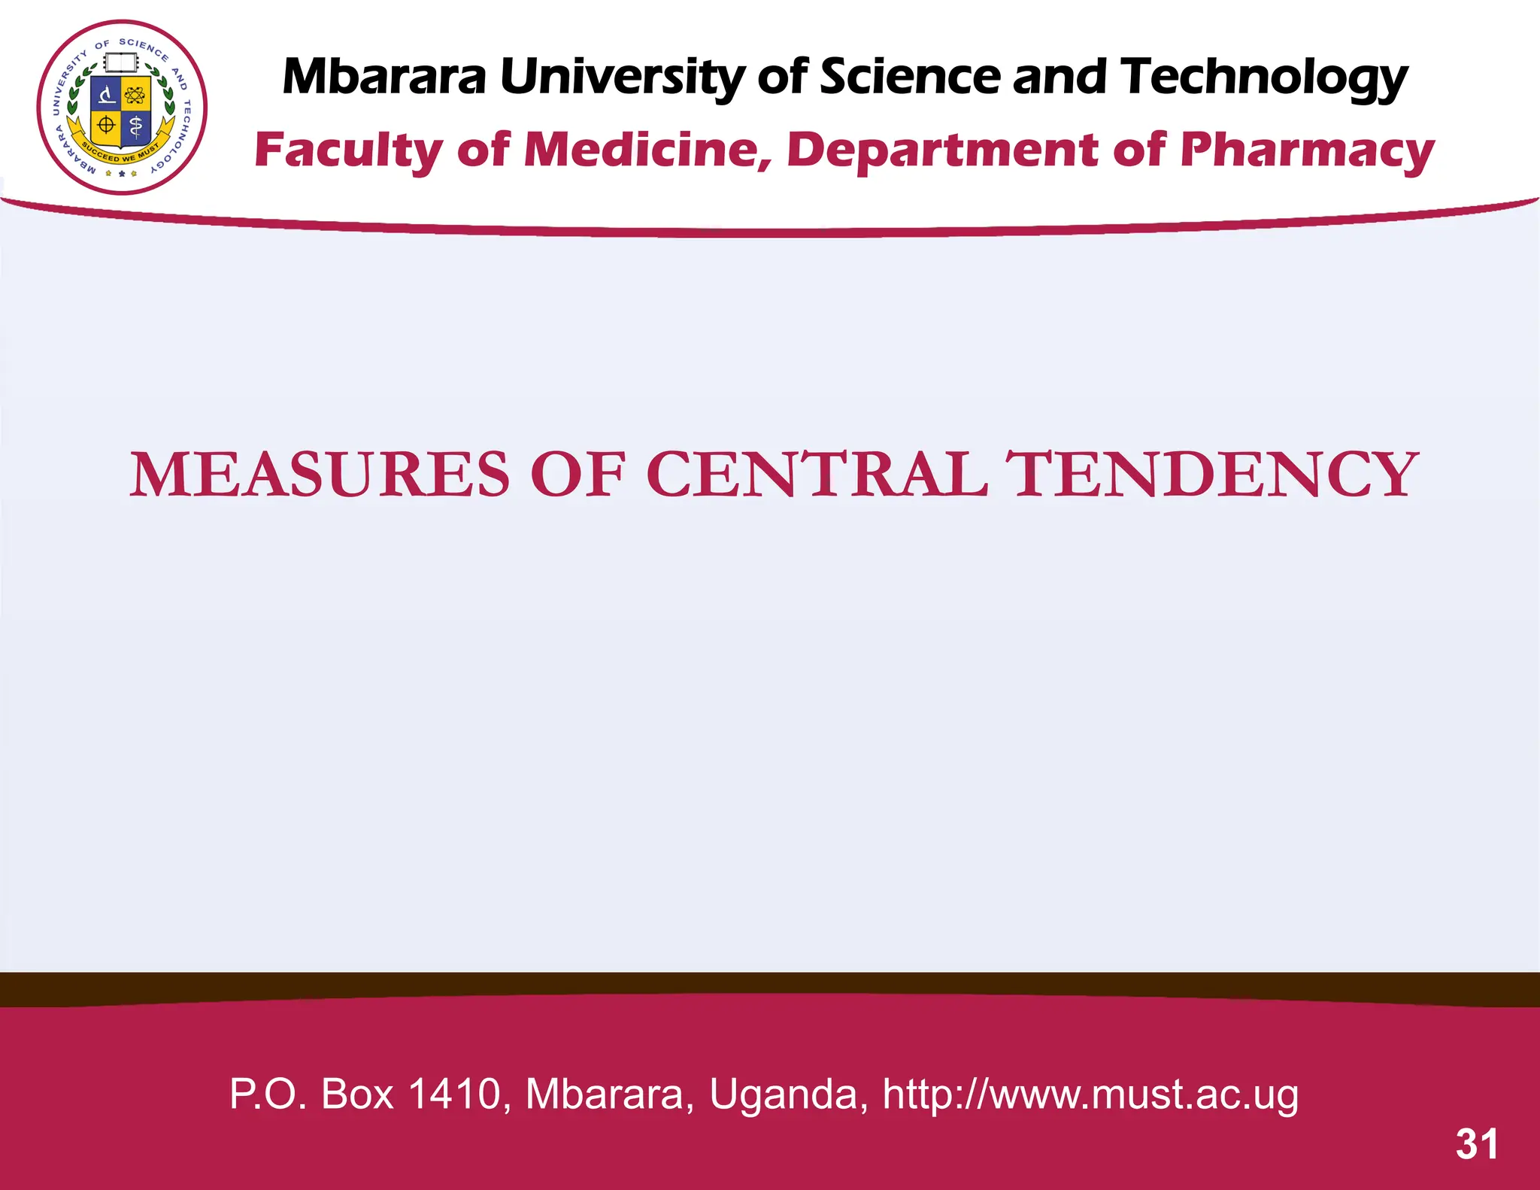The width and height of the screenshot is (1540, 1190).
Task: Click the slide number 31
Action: click(x=1477, y=1144)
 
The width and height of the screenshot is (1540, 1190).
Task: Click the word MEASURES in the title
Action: click(x=320, y=475)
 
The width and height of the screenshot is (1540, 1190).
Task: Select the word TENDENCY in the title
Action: click(x=1212, y=475)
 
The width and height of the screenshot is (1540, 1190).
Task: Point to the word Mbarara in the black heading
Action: click(x=384, y=77)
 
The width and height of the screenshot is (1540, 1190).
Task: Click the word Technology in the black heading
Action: click(x=1263, y=79)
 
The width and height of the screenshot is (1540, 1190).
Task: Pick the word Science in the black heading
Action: click(x=910, y=77)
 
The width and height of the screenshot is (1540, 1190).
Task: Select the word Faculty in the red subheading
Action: click(x=349, y=151)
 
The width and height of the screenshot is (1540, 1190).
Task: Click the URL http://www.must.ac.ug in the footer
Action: click(x=1090, y=1094)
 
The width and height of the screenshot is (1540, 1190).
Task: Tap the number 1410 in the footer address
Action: click(x=455, y=1094)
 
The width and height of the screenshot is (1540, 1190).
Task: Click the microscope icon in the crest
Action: click(x=108, y=95)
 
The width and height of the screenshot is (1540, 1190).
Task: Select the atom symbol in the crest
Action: click(x=135, y=95)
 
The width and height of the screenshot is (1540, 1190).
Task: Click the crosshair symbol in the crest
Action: click(x=107, y=125)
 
